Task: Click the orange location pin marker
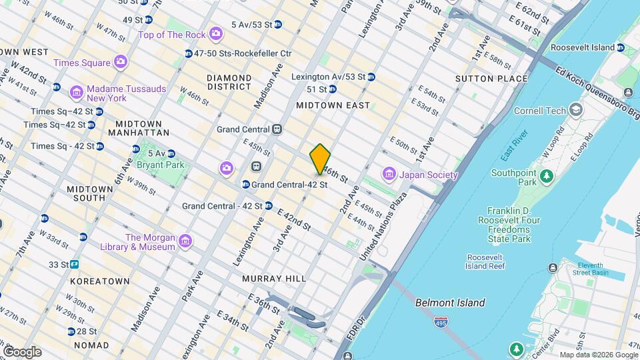[x=321, y=159]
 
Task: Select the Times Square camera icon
[x=120, y=63]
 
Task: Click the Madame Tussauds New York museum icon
[x=77, y=91]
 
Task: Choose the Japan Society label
[x=428, y=175]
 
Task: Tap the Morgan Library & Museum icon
[x=185, y=240]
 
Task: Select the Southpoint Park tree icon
[x=547, y=176]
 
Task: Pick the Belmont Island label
[x=450, y=303]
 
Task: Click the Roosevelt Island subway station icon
[x=621, y=48]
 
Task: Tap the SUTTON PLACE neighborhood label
[x=491, y=79]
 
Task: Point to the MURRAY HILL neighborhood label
[x=273, y=279]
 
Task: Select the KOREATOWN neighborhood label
[x=100, y=281]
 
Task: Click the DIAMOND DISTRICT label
[x=229, y=82]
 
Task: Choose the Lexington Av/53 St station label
[x=328, y=77]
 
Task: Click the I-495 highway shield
[x=440, y=323]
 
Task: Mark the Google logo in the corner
[x=22, y=352]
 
